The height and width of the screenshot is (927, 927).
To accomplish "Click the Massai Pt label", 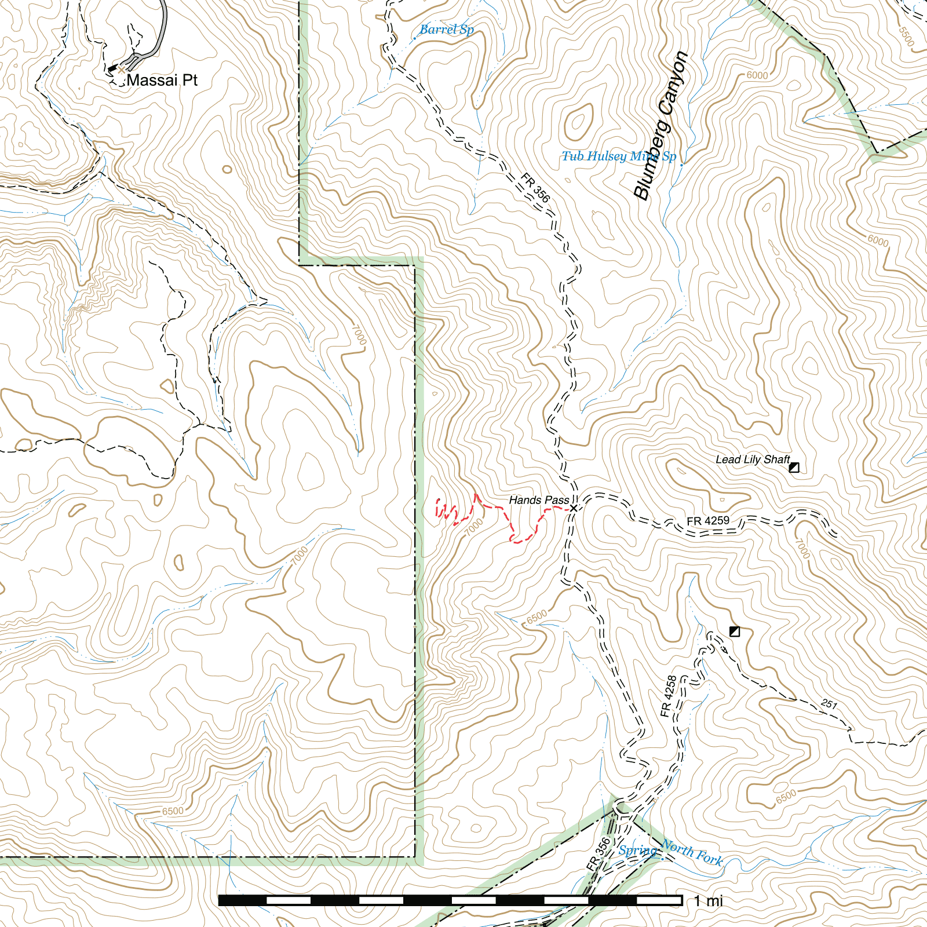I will point(162,80).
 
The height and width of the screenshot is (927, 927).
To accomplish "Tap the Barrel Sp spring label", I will point(446,30).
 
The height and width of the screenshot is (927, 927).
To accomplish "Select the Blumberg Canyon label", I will point(661,126).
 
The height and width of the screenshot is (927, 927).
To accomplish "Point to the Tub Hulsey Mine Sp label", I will point(618,156).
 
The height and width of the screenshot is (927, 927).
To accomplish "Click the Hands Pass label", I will point(538,500).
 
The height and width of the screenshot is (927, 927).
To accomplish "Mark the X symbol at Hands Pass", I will point(574,508).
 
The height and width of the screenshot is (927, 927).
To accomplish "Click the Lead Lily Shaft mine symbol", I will point(794,467).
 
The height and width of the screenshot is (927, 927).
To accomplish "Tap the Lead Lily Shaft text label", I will point(752,459).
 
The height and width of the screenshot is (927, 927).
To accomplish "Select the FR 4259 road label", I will point(707,521).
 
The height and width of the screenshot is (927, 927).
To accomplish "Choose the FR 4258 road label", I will point(668,696).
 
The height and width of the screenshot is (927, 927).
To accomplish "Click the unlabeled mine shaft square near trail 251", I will point(735,631).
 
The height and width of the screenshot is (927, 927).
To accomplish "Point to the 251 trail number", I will point(829,704).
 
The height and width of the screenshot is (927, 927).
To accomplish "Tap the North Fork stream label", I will point(692,852).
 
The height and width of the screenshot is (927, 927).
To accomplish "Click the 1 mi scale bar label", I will point(708,900).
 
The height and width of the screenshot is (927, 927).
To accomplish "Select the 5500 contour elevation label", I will point(906,37).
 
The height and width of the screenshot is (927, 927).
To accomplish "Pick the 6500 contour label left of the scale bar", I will point(173,811).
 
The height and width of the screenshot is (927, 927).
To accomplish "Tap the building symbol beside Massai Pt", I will point(113,68).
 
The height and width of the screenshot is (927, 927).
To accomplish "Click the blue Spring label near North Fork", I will point(637,851).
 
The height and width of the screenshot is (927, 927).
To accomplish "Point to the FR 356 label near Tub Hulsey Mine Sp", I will point(535,187).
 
